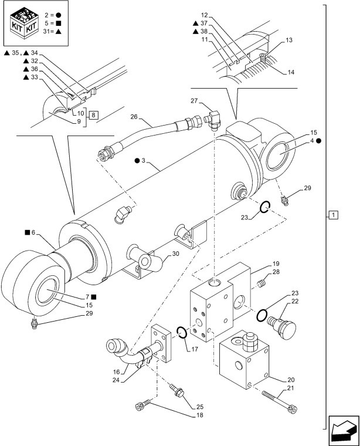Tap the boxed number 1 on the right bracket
(x=333, y=215)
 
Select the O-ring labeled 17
(x=182, y=333)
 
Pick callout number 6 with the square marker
(x=34, y=232)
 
